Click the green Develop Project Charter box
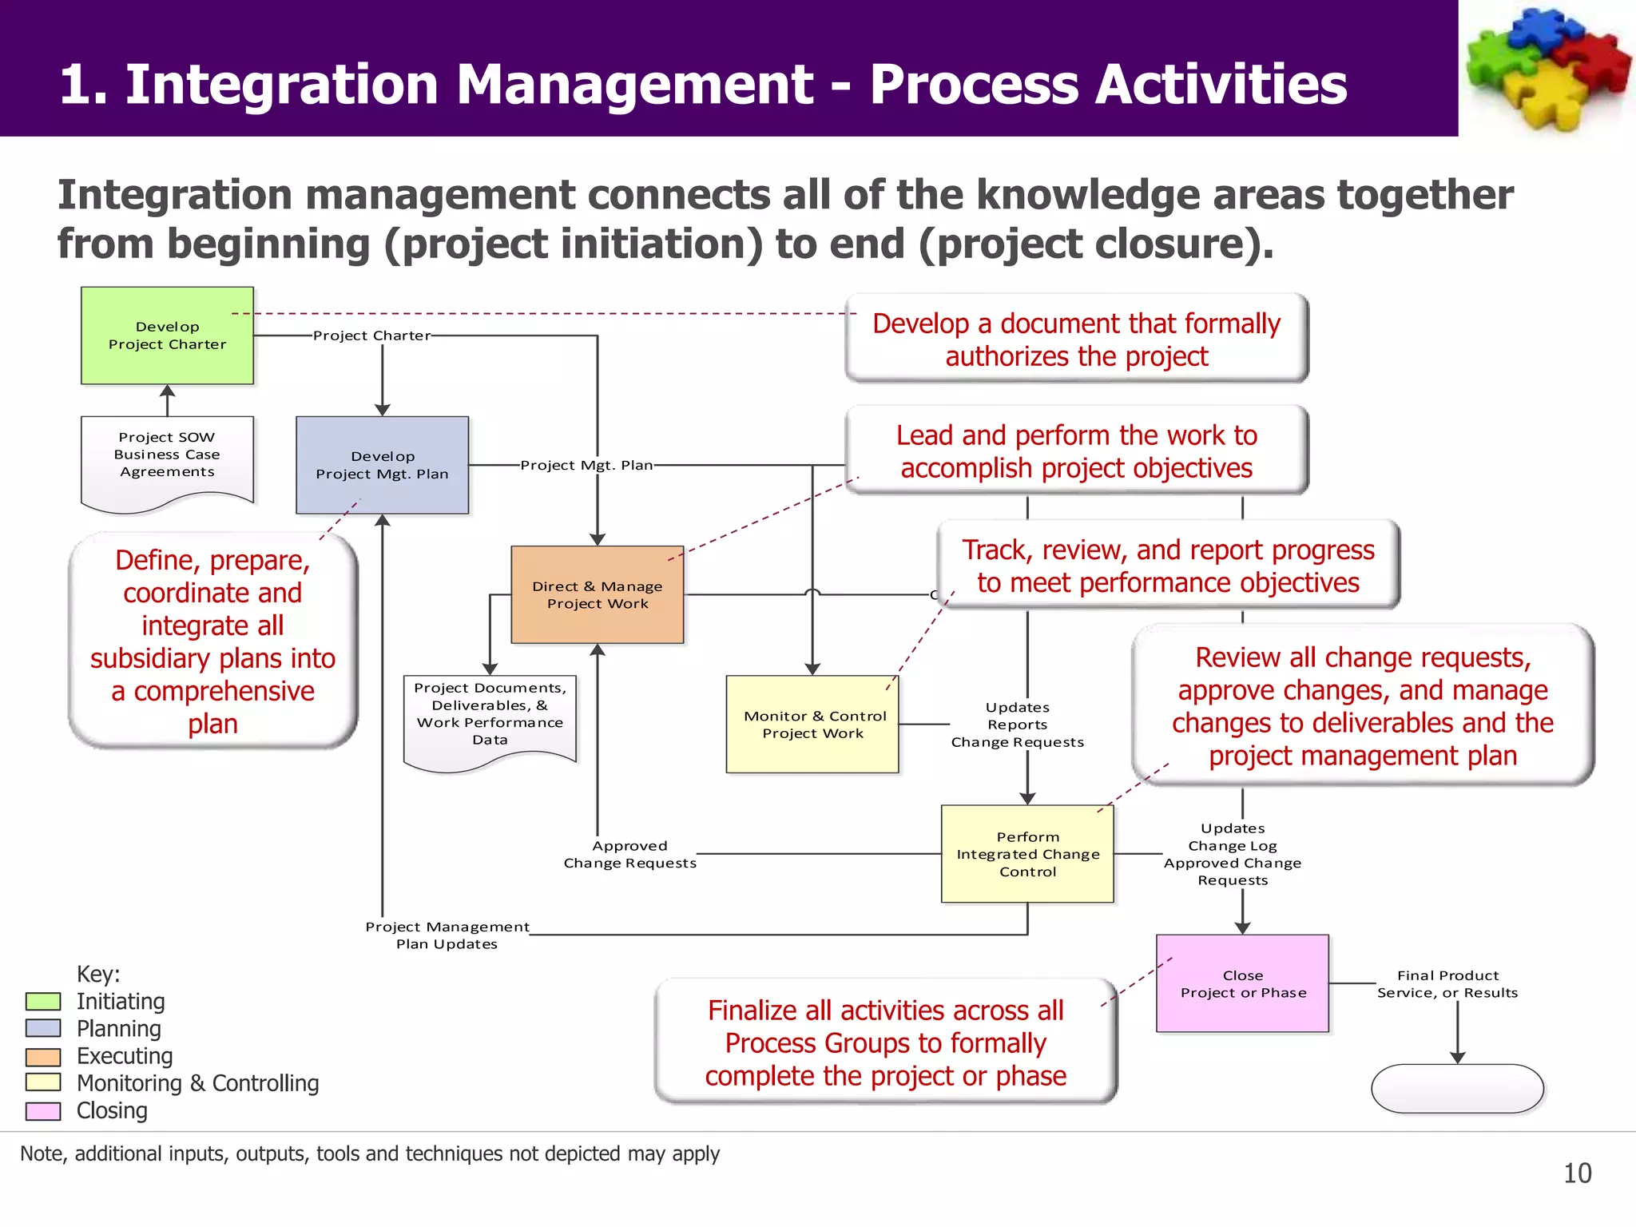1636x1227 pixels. [167, 336]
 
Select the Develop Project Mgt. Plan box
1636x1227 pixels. [382, 465]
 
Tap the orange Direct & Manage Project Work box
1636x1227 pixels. [597, 594]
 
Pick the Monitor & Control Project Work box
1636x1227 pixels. [812, 725]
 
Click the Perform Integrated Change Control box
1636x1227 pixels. [1027, 854]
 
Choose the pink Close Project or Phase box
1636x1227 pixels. [1242, 983]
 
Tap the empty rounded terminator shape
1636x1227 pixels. [1457, 1088]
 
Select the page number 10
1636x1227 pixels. [1577, 1173]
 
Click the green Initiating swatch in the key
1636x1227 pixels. [43, 1001]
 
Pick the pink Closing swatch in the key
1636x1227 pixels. [43, 1110]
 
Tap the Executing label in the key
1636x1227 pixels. [125, 1056]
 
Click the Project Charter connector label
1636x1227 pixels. [371, 336]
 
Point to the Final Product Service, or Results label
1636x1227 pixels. [1447, 984]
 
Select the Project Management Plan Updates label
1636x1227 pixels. [447, 935]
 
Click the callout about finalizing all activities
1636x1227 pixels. [885, 1042]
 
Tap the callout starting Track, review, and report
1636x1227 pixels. [1168, 566]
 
